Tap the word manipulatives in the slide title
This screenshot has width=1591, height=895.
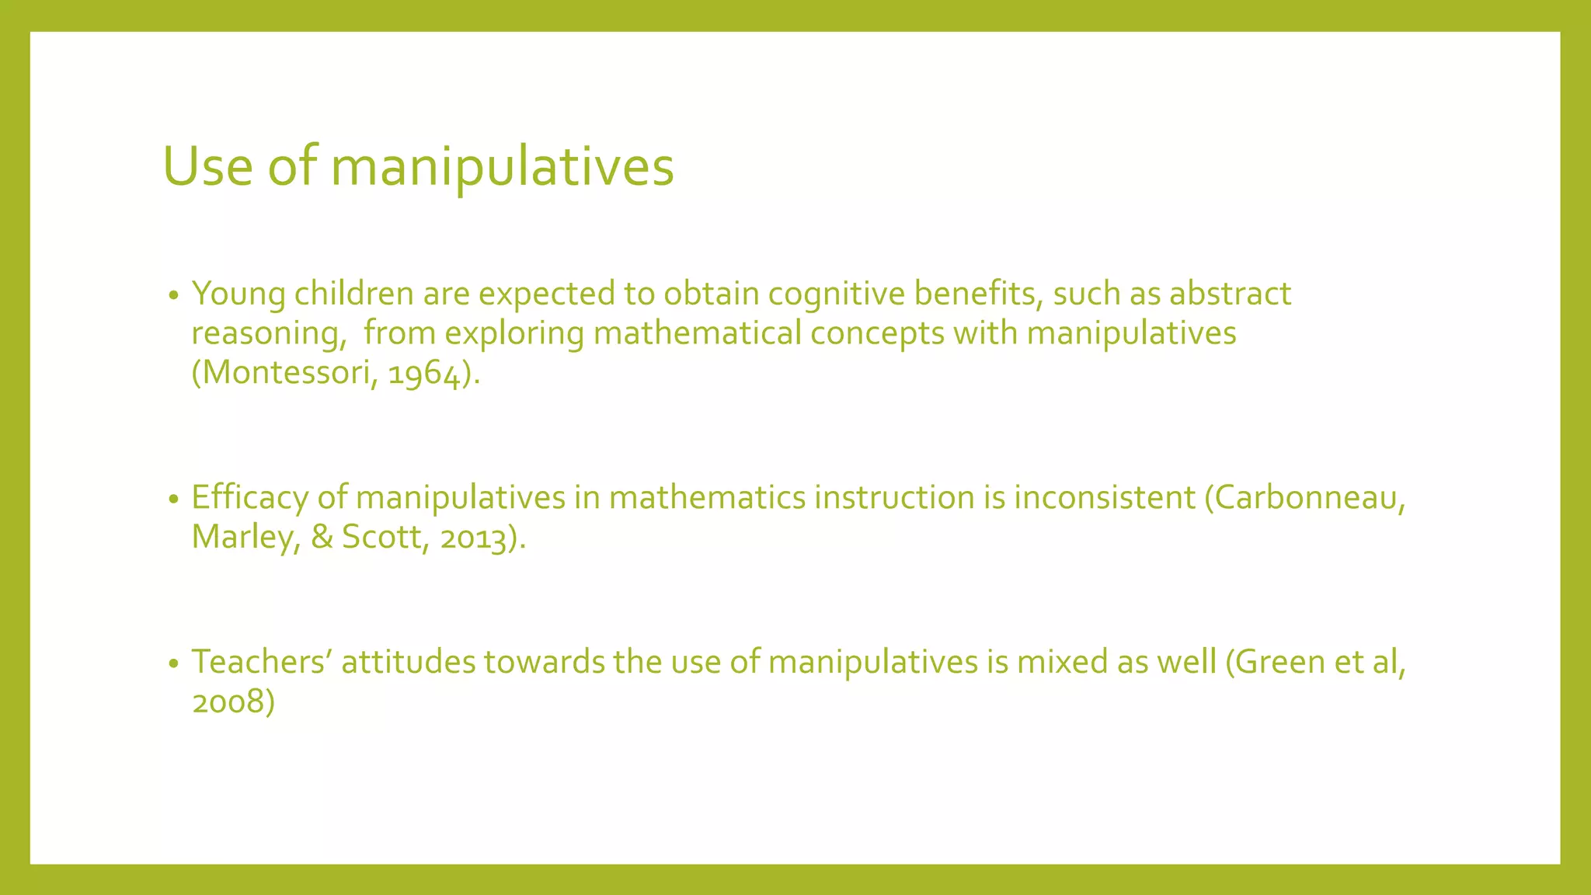point(502,168)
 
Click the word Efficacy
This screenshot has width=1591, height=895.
point(249,498)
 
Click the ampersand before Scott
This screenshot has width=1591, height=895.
point(322,538)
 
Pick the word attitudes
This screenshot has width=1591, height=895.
point(408,663)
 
